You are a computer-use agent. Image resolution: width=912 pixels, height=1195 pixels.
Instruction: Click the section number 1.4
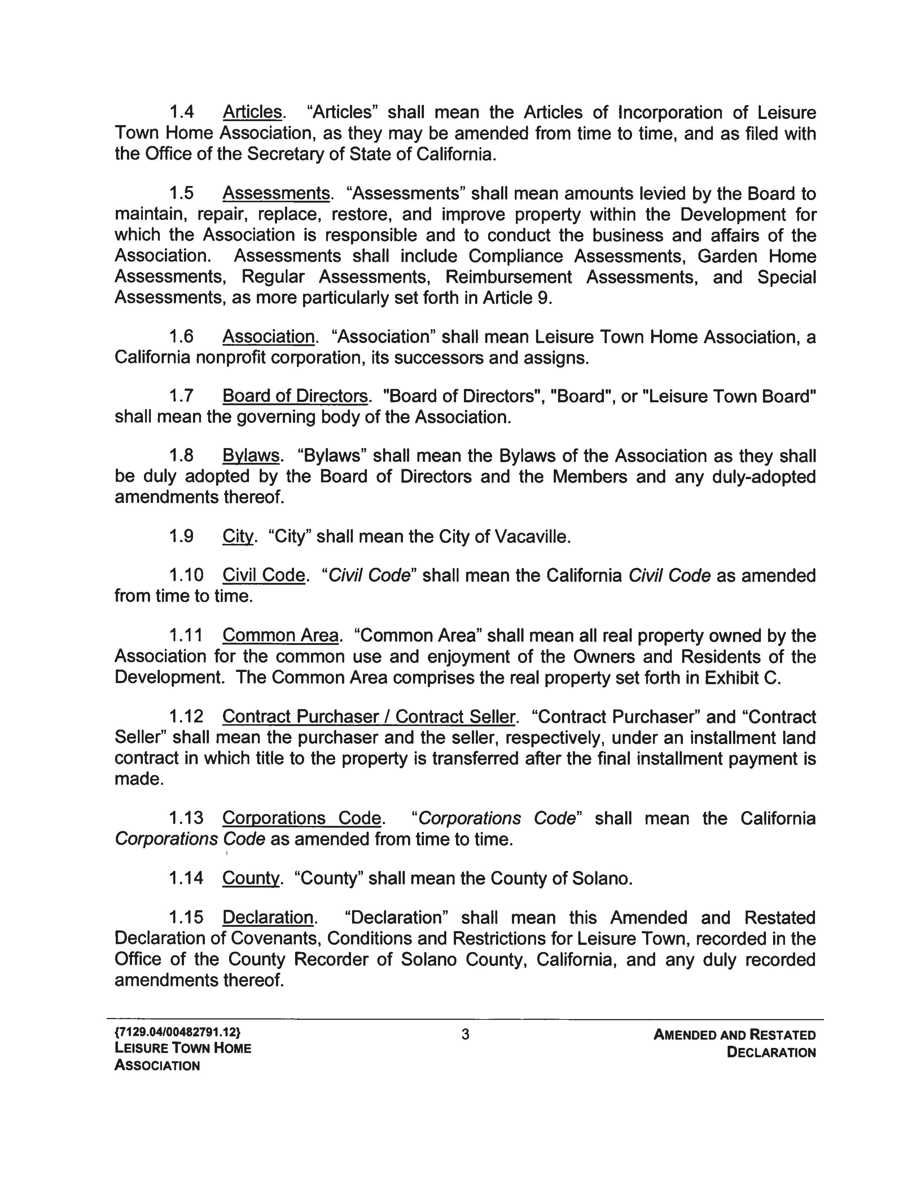pos(181,113)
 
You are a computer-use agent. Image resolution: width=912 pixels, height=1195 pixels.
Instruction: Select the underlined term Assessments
pos(276,194)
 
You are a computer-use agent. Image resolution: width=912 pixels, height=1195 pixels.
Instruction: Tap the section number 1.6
pos(181,337)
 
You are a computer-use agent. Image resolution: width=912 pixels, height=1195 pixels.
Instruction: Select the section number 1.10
pos(186,576)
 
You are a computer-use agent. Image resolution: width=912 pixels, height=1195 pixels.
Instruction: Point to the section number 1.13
pos(186,818)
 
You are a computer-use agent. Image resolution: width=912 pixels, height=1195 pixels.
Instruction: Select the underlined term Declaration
pos(268,918)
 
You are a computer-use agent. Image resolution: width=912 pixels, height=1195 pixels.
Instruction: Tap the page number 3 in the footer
pos(465,1035)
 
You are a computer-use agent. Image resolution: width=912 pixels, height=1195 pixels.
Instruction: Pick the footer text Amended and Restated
pos(734,1035)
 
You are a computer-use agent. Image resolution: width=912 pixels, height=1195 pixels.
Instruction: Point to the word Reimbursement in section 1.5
pos(509,277)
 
